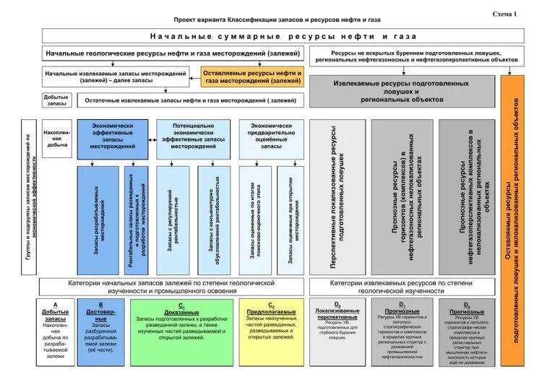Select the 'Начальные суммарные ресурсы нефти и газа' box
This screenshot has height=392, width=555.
(274, 35)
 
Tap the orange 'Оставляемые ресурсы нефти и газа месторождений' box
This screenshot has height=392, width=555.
(252, 77)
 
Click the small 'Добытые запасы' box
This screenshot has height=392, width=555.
(56, 101)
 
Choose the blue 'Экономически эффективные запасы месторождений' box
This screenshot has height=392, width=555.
(113, 136)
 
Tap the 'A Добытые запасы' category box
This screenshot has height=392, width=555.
(56, 331)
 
